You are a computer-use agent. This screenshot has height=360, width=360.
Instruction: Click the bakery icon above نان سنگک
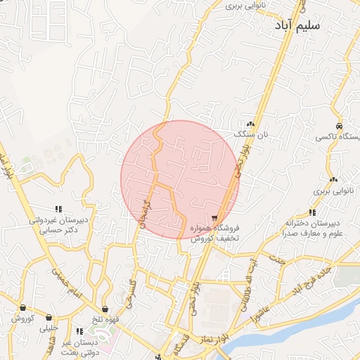click(x=250, y=122)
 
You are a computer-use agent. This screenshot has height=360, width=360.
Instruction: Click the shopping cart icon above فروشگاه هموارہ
click(x=214, y=218)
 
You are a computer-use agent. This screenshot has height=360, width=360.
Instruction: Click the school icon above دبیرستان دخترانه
click(x=311, y=212)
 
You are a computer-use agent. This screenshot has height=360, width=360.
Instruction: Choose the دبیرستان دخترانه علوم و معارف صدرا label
click(x=313, y=228)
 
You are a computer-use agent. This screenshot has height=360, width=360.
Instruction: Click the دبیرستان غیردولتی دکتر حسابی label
click(x=59, y=225)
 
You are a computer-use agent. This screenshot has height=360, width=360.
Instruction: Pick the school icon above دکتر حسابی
click(x=59, y=209)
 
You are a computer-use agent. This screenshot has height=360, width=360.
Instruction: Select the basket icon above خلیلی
click(x=49, y=317)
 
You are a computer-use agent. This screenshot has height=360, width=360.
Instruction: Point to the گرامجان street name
click(x=146, y=212)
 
